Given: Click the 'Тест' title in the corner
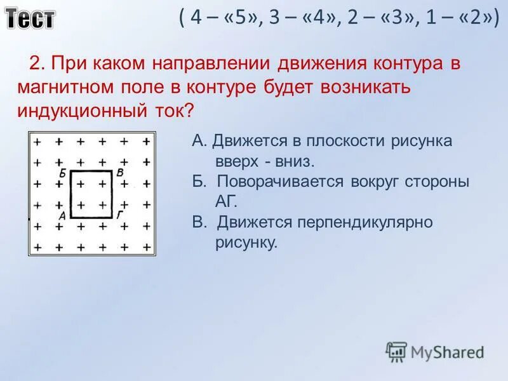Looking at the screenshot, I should point(30,18).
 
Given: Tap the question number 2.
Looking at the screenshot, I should point(36,64).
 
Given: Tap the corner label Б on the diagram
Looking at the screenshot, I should point(62,173).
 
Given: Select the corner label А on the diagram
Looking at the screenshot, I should point(62,216).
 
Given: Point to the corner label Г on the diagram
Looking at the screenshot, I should point(120,215).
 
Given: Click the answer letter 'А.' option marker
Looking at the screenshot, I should point(199,141).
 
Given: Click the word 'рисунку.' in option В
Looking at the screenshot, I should point(247,243).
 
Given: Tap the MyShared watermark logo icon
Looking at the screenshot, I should point(396,351).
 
